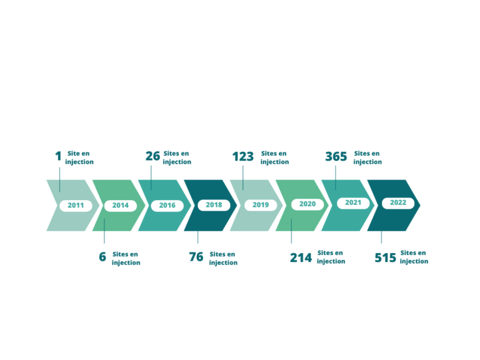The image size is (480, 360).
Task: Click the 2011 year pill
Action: tap(76, 206)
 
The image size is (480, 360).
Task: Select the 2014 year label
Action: tap(120, 206)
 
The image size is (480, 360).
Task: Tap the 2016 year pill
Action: tap(167, 206)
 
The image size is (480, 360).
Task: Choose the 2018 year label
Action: tap(214, 205)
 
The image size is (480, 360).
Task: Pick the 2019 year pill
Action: tap(261, 205)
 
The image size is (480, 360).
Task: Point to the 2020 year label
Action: tap(307, 204)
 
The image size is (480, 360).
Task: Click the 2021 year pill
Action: tap(353, 202)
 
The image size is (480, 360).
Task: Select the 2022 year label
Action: tap(398, 202)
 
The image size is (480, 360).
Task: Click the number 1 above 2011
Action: tap(59, 156)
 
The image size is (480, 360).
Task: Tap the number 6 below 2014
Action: tap(102, 257)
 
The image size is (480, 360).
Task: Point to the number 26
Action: tap(152, 156)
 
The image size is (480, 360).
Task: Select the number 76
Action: tap(196, 257)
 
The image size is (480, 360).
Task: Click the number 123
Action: tap(242, 156)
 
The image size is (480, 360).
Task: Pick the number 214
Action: tap(301, 257)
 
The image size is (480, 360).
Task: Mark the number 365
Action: tap(336, 156)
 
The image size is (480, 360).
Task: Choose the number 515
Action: tap(386, 257)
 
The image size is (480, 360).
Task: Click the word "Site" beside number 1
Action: tap(74, 153)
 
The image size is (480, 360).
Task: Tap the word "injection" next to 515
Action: tap(414, 261)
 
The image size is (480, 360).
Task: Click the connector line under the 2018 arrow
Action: tap(197, 237)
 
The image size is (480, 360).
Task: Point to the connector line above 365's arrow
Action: tap(336, 178)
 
